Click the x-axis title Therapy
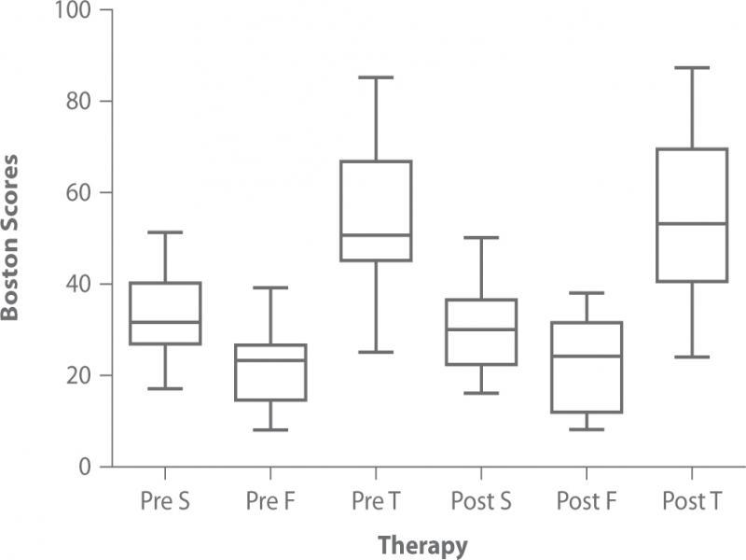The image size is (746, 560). pos(422,544)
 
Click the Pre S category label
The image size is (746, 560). pos(165,501)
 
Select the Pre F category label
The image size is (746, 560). pos(270,501)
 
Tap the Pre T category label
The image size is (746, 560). pos(376,501)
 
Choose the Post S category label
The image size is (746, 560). pos(481,501)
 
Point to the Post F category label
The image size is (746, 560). pos(587,501)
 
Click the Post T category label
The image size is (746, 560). pos(692,501)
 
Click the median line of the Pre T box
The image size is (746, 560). pos(376,235)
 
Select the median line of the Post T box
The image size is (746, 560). pos(692,224)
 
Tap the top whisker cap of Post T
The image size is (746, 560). pos(692,68)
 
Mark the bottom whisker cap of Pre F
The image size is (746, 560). pos(270,430)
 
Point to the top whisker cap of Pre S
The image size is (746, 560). pos(165,232)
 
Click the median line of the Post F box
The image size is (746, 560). pos(587,357)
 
